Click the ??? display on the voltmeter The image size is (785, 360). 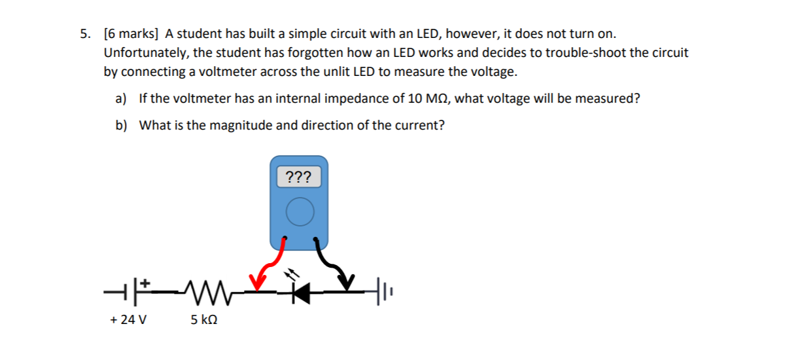coord(300,177)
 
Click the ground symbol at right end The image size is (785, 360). coord(385,288)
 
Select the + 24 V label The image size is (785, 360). coord(129,321)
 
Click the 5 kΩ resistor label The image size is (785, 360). coord(204,321)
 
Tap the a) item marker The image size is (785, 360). coord(120,99)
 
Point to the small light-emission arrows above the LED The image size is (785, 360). coord(291,272)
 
